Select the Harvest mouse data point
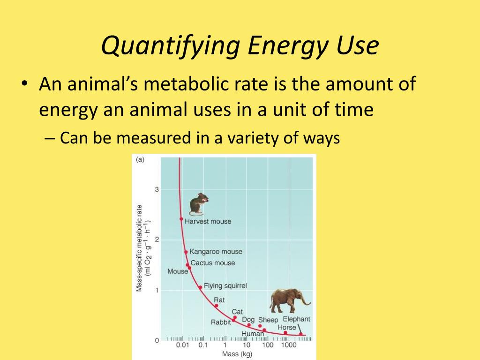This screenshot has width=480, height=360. click(x=181, y=219)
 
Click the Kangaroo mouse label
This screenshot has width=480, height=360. click(x=216, y=252)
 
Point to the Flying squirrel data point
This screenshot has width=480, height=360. click(x=200, y=287)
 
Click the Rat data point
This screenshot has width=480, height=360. click(x=216, y=306)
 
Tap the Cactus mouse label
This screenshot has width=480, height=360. click(x=213, y=263)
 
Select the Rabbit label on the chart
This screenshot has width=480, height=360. click(x=221, y=322)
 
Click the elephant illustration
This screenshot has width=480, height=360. click(x=289, y=300)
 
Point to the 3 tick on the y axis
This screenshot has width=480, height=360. click(x=157, y=189)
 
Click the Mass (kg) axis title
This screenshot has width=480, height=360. click(x=237, y=354)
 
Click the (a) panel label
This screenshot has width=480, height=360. click(x=140, y=159)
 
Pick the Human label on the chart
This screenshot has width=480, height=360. click(x=253, y=334)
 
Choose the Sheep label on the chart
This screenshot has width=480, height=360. click(x=268, y=320)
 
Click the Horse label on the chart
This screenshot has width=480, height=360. click(x=287, y=327)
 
